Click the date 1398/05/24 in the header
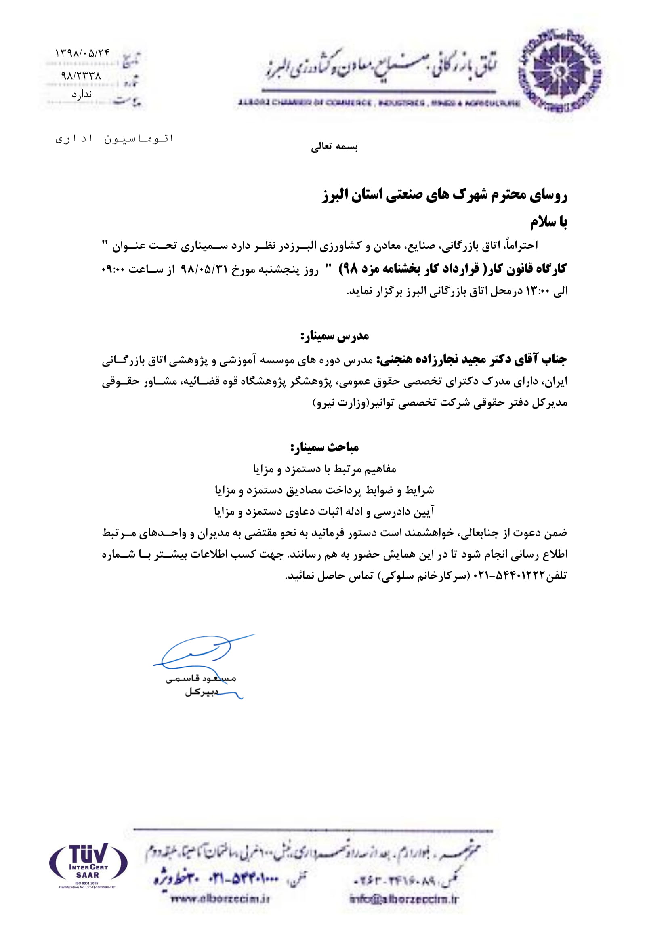tap(82, 53)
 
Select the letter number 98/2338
tap(81, 76)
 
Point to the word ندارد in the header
tap(82, 94)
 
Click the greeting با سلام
tap(548, 223)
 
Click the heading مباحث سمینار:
tap(325, 447)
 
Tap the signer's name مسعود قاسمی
tap(201, 679)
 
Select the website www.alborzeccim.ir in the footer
tap(220, 899)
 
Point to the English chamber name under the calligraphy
tap(378, 103)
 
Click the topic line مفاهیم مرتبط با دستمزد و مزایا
tap(325, 469)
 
